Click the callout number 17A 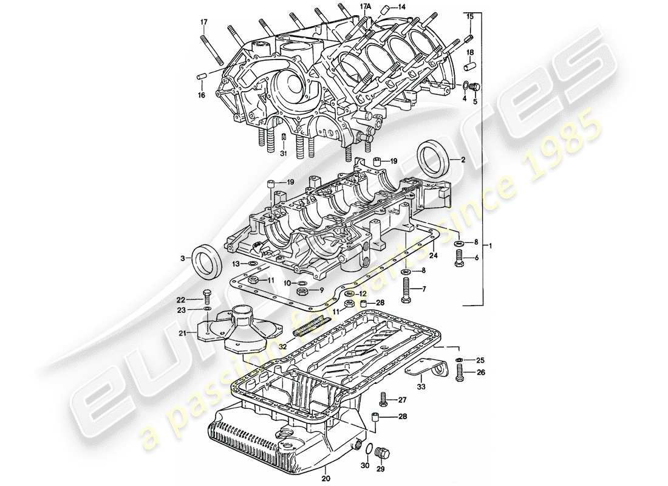pyautogui.click(x=365, y=6)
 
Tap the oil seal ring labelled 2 pyautogui.click(x=434, y=159)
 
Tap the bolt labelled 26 pyautogui.click(x=459, y=372)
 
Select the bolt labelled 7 pyautogui.click(x=406, y=293)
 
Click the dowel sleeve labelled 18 pyautogui.click(x=468, y=64)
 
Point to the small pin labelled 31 pyautogui.click(x=284, y=141)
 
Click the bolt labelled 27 pyautogui.click(x=383, y=400)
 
